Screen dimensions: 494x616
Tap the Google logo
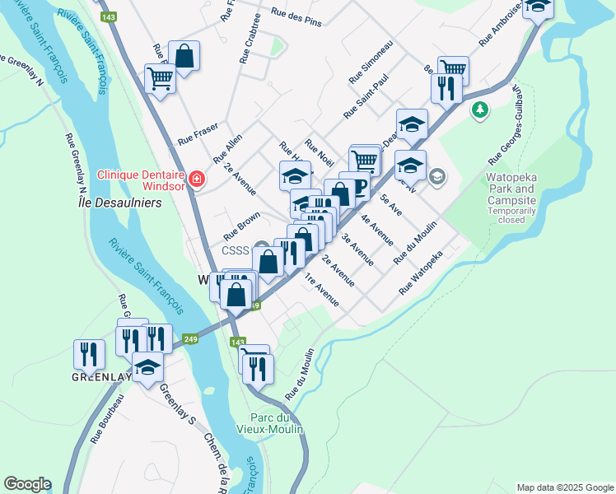tap(27, 484)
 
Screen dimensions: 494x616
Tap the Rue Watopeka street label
tap(421, 273)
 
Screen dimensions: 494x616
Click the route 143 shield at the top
tap(107, 16)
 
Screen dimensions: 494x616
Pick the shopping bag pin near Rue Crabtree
tap(184, 57)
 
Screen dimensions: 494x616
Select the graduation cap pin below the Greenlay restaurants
tap(147, 367)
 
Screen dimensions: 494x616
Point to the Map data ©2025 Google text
tap(565, 487)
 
